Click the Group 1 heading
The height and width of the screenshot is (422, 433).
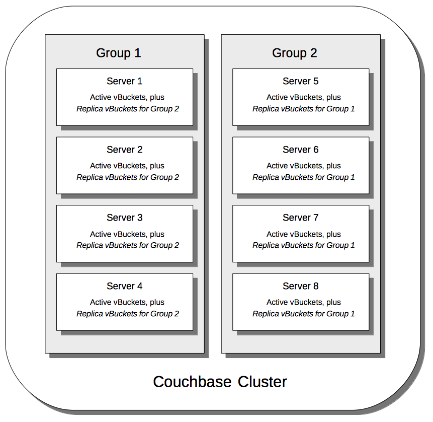click(x=118, y=53)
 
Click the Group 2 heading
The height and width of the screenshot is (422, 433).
click(x=294, y=53)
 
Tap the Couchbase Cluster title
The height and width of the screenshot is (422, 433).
click(x=220, y=382)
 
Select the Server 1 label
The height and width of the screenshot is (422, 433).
click(x=124, y=81)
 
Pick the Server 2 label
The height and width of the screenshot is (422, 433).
click(x=124, y=150)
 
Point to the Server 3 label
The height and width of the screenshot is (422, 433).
click(x=124, y=218)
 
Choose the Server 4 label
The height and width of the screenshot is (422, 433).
click(x=124, y=286)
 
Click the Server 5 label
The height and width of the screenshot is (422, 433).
click(x=300, y=81)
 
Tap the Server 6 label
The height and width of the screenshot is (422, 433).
click(x=300, y=150)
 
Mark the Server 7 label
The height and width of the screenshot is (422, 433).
click(x=300, y=218)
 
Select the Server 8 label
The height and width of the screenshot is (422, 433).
click(x=300, y=286)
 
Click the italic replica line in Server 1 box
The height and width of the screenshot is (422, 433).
click(x=127, y=109)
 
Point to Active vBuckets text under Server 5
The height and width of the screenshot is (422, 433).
click(x=303, y=97)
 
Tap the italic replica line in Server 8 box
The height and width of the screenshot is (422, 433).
click(x=303, y=314)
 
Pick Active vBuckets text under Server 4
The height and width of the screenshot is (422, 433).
click(x=127, y=302)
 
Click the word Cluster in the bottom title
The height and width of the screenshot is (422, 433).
click(x=263, y=382)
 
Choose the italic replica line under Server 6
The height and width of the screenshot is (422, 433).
click(x=303, y=177)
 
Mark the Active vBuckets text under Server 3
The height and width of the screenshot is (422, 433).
click(x=127, y=234)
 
